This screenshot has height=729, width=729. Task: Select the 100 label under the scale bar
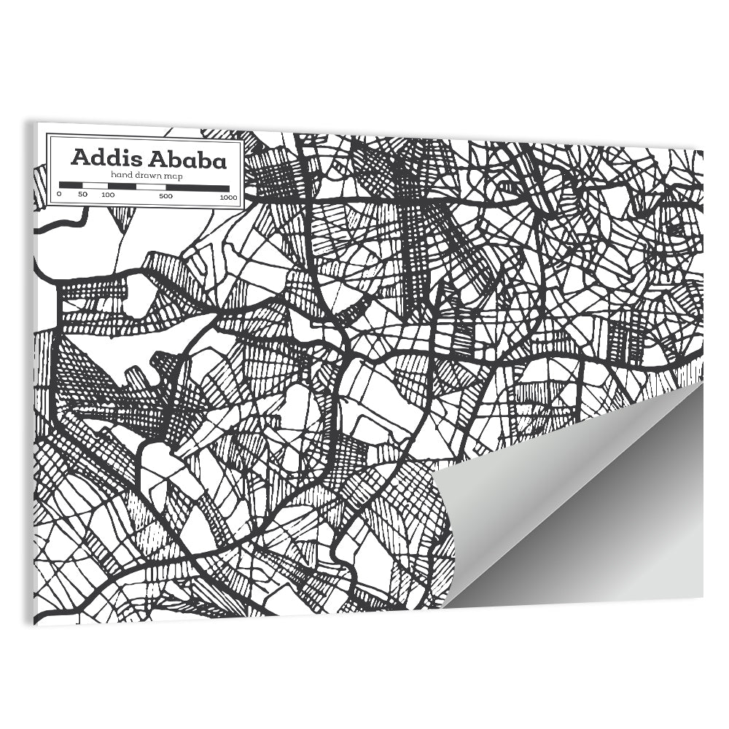108,195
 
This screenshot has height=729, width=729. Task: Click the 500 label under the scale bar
165,195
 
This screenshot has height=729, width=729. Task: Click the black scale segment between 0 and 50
71,186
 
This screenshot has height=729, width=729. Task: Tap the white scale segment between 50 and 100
95,186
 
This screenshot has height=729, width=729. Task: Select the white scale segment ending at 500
152,186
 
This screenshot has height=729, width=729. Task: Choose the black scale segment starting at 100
122,186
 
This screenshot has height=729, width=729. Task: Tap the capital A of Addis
79,159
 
